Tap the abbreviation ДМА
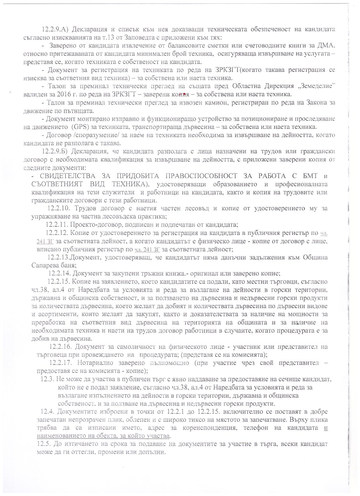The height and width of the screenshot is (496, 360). (328, 46)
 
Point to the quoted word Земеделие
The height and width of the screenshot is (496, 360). (317, 86)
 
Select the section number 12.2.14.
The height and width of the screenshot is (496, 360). (59, 274)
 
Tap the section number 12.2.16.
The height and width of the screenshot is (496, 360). (60, 347)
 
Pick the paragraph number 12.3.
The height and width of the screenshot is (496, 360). (47, 379)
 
